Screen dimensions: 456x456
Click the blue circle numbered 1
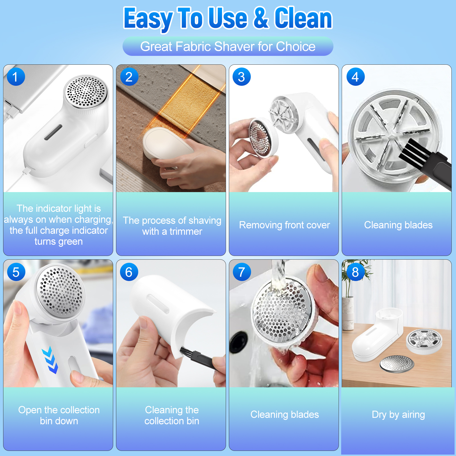coord(16,77)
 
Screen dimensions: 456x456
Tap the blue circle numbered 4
coord(355,77)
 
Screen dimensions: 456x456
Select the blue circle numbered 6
coord(129,272)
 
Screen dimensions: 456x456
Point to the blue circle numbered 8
coord(355,272)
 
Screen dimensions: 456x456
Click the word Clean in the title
coord(303,18)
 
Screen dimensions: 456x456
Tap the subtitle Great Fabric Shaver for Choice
coord(228,46)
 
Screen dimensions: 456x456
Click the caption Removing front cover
coord(284,225)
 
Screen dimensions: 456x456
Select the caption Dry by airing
coord(398,415)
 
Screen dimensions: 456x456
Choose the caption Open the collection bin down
coord(59,415)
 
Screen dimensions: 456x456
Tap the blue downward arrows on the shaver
coord(50,360)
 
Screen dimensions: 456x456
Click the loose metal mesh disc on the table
coord(397,364)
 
